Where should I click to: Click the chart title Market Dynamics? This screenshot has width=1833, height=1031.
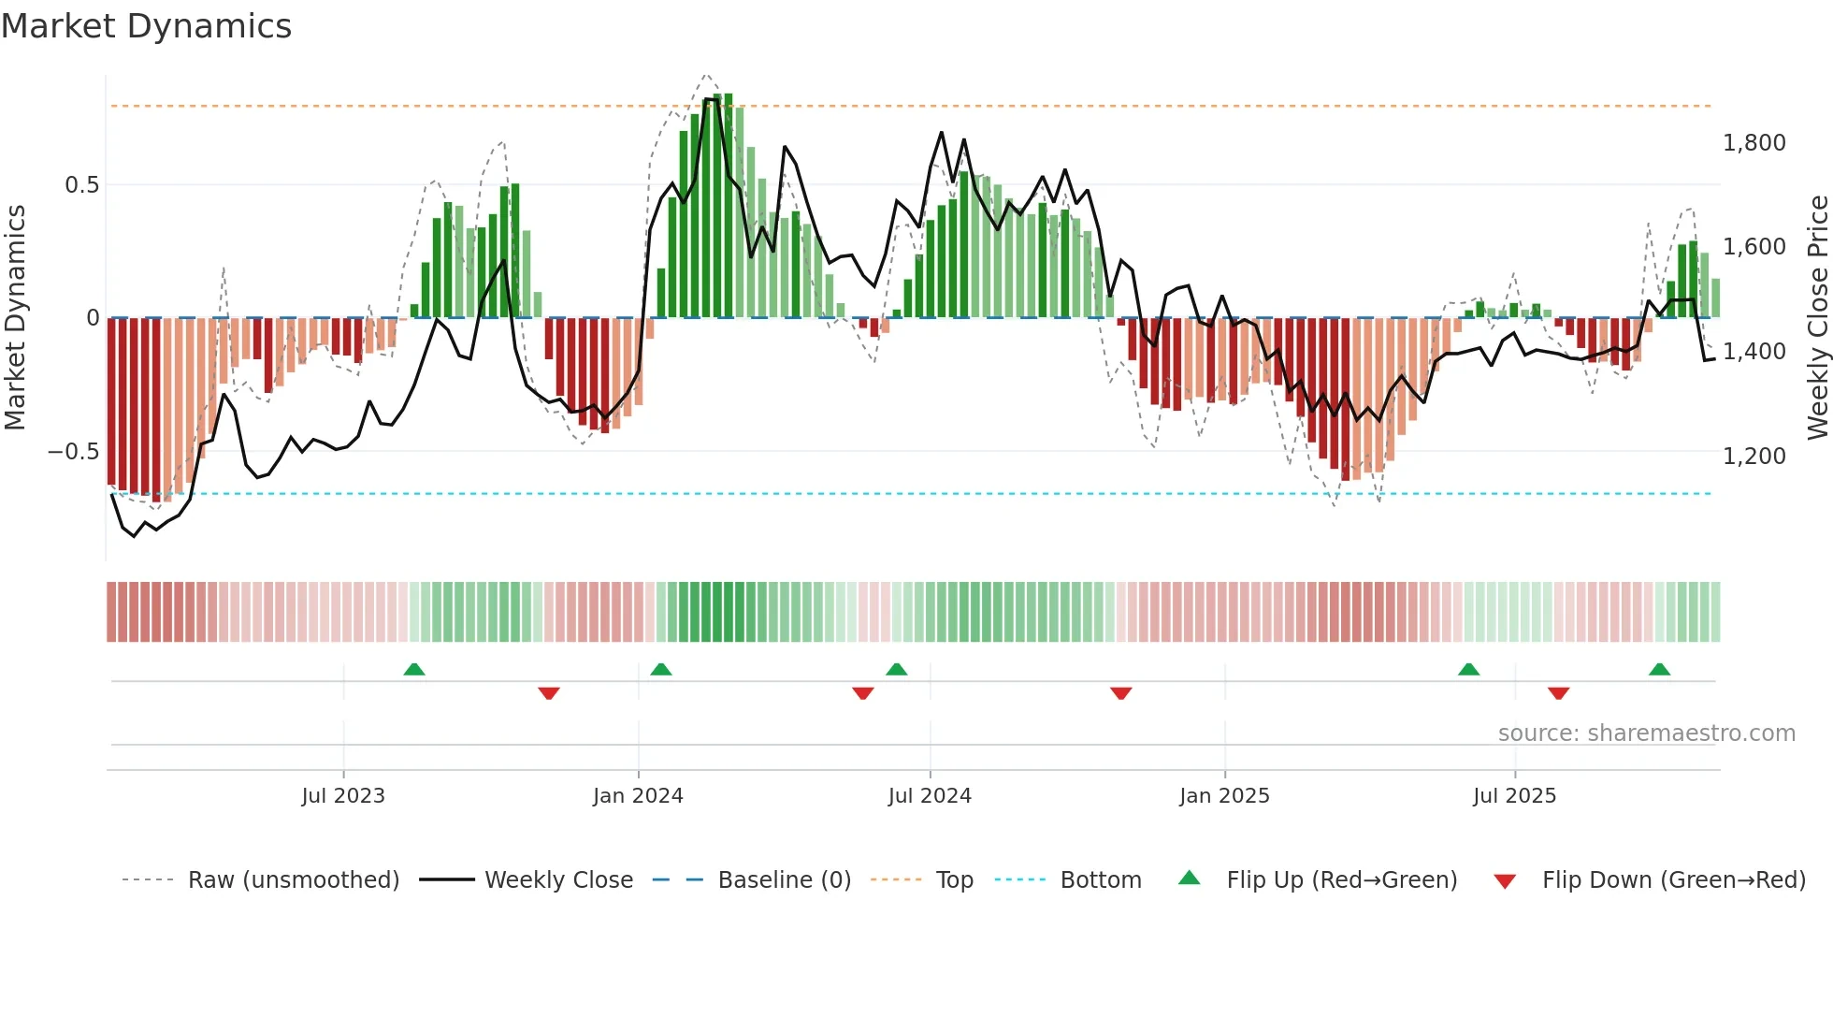pos(147,26)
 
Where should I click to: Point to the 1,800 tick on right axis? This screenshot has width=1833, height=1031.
pos(1754,143)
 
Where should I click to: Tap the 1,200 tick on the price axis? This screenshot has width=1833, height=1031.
pos(1754,457)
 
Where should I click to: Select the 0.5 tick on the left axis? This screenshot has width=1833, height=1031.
pos(81,185)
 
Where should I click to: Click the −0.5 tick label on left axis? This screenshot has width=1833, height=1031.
pos(73,452)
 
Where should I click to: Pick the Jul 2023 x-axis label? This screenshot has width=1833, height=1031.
pos(343,796)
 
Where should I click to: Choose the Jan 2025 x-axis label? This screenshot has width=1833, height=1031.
pos(1224,796)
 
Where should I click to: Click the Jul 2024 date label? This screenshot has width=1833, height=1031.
pos(930,796)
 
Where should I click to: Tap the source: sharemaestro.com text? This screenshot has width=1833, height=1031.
pos(1646,733)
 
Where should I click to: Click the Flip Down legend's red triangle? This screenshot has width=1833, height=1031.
pos(1505,881)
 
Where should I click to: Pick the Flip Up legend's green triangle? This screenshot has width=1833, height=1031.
pos(1189,879)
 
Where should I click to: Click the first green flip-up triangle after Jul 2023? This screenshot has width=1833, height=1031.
pos(414,669)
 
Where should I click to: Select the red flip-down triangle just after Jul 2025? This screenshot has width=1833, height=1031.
pos(1558,693)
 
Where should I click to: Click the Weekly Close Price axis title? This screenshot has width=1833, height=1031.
pos(1817,318)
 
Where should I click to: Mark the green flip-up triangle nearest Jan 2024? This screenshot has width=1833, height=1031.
pos(661,669)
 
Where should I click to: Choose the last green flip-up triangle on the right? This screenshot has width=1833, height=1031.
pos(1660,669)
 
